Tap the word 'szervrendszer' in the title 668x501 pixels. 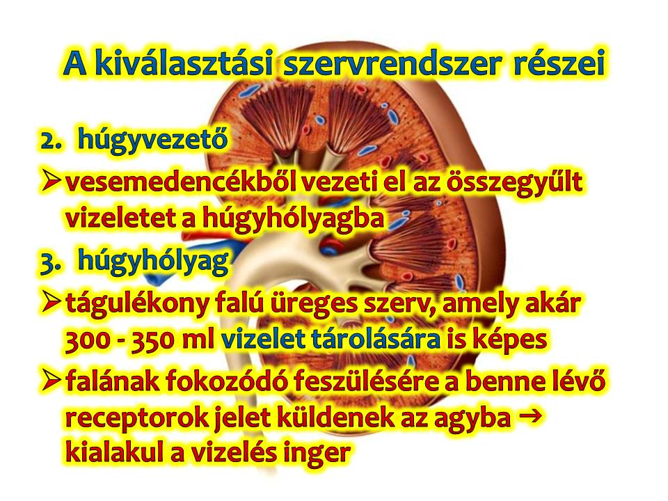pyautogui.click(x=392, y=64)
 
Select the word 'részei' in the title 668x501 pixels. pyautogui.click(x=559, y=63)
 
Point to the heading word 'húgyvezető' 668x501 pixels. pyautogui.click(x=152, y=139)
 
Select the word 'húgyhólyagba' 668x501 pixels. pyautogui.click(x=293, y=219)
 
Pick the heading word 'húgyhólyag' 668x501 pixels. pyautogui.click(x=153, y=261)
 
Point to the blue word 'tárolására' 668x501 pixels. pyautogui.click(x=376, y=340)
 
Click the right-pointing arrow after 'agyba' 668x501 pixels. pyautogui.click(x=531, y=415)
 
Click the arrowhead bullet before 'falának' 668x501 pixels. pyautogui.click(x=51, y=380)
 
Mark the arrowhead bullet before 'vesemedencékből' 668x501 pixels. pyautogui.click(x=51, y=180)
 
